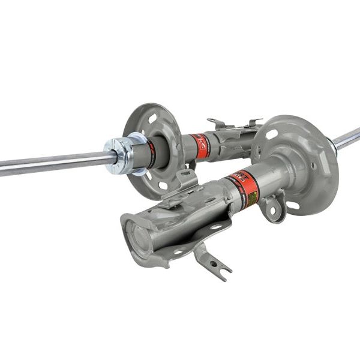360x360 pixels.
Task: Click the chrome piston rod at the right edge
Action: [349, 138]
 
